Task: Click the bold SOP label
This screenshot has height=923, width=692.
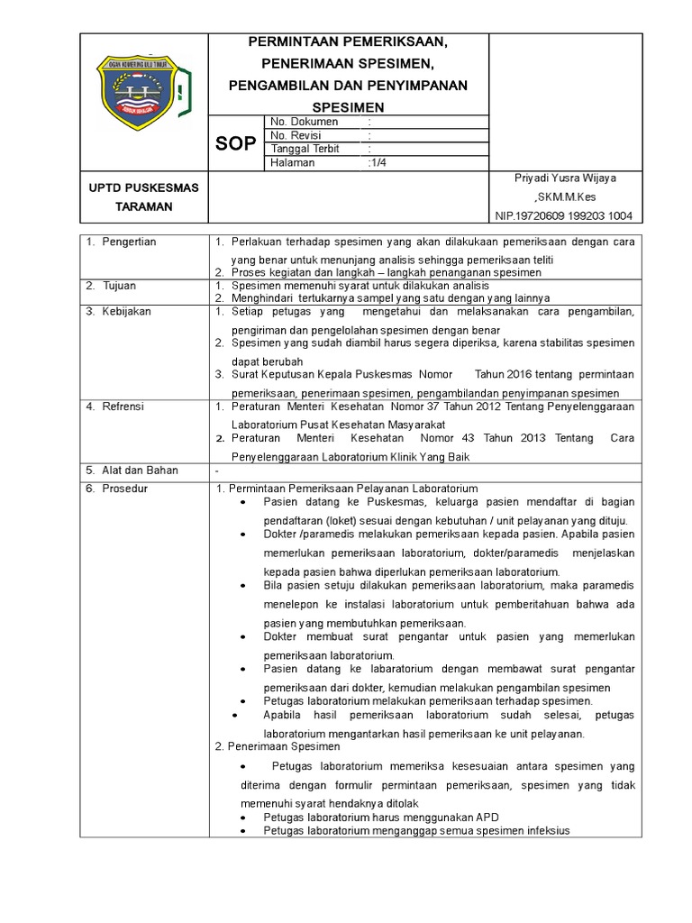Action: click(234, 143)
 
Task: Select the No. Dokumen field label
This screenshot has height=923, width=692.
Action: click(304, 122)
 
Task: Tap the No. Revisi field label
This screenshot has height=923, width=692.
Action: click(296, 135)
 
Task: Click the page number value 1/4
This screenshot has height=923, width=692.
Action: click(378, 163)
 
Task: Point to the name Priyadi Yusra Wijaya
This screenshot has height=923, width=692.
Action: click(566, 178)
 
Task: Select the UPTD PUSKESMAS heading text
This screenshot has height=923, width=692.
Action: click(144, 187)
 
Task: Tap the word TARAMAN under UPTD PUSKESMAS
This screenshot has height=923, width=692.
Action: click(144, 206)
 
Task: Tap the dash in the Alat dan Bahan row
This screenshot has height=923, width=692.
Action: click(217, 471)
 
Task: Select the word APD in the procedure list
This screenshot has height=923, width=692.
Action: click(487, 818)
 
